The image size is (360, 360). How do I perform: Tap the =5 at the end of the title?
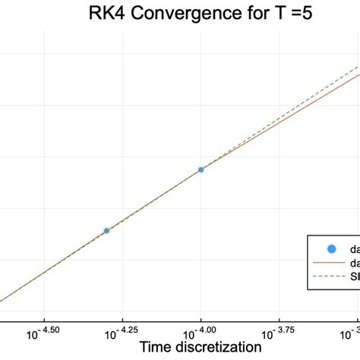[x=296, y=14]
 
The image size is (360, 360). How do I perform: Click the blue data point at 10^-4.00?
[x=201, y=169]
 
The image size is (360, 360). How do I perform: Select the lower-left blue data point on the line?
[x=106, y=230]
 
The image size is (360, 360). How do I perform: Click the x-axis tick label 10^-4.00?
[x=201, y=330]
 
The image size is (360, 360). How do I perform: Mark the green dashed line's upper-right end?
[x=358, y=67]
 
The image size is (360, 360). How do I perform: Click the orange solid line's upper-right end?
[x=358, y=76]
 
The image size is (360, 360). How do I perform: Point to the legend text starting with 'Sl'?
[x=354, y=276]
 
